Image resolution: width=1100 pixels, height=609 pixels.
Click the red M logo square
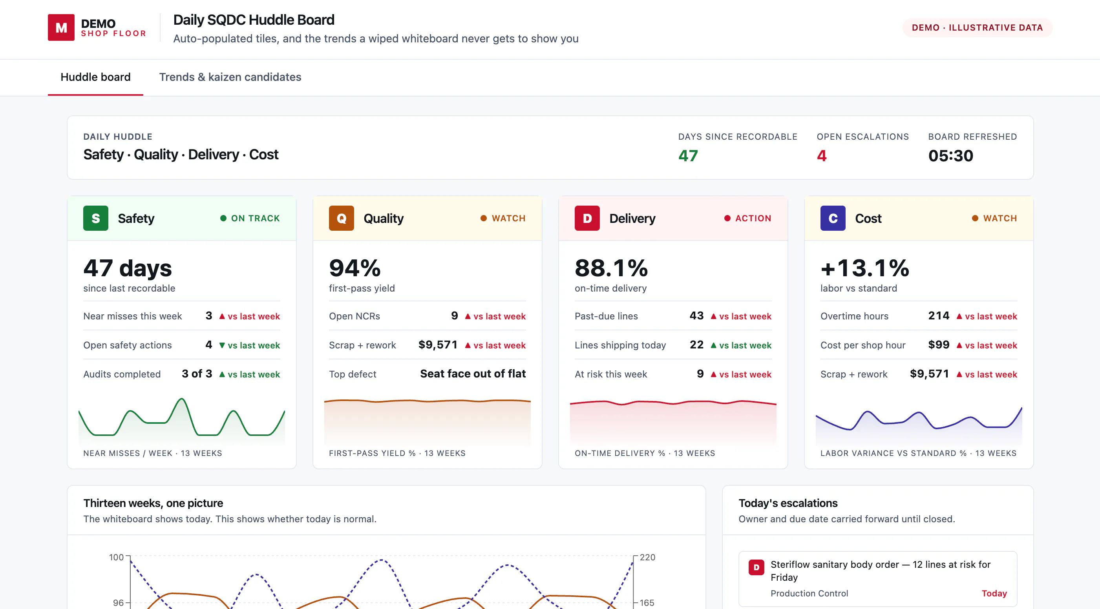click(x=61, y=27)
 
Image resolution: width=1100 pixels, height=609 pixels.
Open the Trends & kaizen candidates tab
click(x=230, y=77)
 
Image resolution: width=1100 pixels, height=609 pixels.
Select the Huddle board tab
click(x=96, y=77)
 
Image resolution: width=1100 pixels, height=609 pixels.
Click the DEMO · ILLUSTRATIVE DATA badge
click(x=977, y=28)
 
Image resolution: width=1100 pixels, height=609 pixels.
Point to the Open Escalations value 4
click(x=822, y=156)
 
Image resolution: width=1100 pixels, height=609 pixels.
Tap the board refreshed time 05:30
click(x=950, y=156)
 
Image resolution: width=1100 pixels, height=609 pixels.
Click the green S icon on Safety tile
click(x=96, y=219)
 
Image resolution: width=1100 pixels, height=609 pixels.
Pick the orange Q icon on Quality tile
click(x=341, y=219)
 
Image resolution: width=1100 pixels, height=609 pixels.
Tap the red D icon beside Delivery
click(x=587, y=219)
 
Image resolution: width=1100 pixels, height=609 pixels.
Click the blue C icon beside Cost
click(x=833, y=219)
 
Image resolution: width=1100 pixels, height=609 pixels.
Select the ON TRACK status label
click(x=255, y=219)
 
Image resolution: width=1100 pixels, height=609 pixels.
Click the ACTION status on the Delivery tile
click(x=753, y=219)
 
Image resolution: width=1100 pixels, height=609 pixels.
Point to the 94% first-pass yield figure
click(x=355, y=268)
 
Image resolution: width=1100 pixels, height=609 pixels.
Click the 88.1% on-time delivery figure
click(x=612, y=268)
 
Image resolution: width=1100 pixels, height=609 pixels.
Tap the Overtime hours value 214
click(x=939, y=316)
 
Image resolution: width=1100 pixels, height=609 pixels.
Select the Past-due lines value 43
click(x=696, y=316)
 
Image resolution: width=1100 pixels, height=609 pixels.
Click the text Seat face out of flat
click(x=473, y=374)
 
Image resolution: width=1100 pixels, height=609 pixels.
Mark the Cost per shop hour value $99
click(x=939, y=345)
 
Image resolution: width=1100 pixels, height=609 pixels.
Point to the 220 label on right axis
click(x=647, y=557)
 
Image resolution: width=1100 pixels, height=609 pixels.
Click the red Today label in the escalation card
click(x=994, y=593)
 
